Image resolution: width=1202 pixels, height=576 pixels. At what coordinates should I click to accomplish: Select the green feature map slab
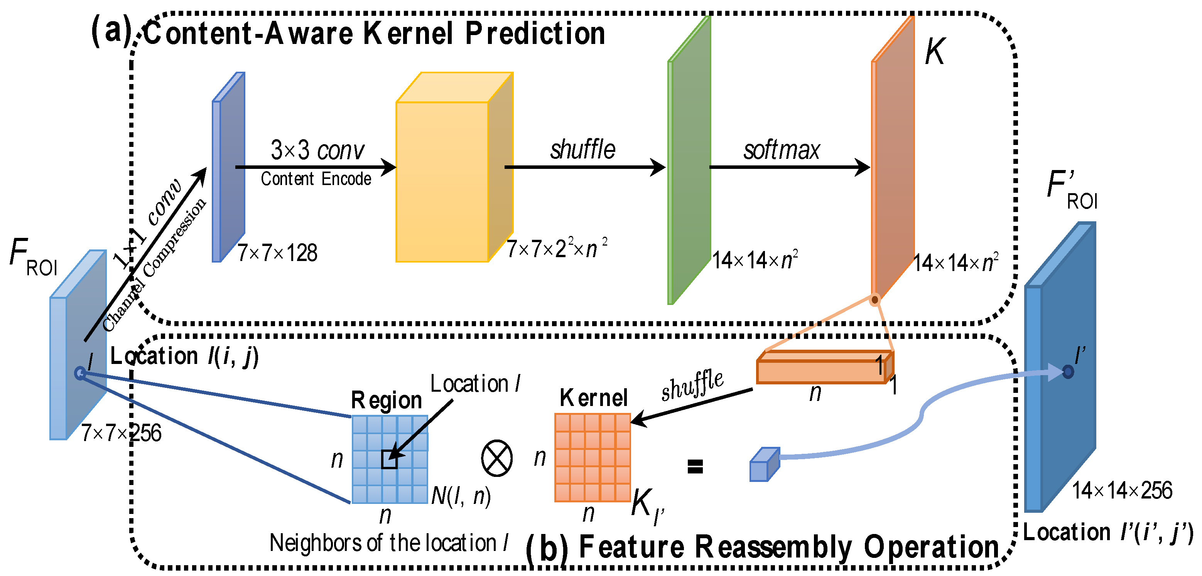[x=690, y=163]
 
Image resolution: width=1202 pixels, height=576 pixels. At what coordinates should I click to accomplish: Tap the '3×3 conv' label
[x=317, y=150]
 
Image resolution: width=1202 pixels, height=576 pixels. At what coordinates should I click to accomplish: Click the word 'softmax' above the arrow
[x=782, y=150]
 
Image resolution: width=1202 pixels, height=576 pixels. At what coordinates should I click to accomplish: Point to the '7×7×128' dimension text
[x=278, y=253]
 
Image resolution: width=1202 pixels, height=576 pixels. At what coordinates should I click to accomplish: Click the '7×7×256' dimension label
[x=122, y=433]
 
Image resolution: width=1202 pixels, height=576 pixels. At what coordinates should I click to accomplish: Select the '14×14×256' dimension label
[x=1122, y=491]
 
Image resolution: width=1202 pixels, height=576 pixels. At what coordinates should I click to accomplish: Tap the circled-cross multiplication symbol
[x=496, y=458]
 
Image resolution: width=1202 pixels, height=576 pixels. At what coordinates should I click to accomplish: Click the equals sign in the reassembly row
[x=695, y=466]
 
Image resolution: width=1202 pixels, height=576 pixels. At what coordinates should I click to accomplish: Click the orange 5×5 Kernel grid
[x=593, y=458]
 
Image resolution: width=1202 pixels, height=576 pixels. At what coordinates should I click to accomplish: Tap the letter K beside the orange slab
[x=935, y=51]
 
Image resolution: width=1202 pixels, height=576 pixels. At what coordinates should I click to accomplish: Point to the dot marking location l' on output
[x=1068, y=372]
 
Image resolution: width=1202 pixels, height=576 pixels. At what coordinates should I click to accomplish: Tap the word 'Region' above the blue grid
[x=387, y=400]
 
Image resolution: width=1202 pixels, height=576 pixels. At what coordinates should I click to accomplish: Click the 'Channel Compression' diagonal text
[x=154, y=265]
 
